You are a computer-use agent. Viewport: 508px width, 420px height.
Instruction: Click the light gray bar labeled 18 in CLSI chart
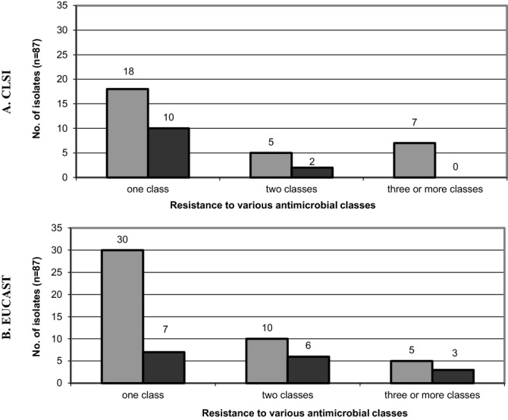(127, 133)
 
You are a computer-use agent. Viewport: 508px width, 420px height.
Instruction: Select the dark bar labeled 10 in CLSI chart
(168, 152)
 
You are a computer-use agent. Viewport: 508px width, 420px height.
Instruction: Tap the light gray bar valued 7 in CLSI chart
(414, 160)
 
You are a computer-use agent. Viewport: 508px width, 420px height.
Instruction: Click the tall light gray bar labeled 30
(122, 316)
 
